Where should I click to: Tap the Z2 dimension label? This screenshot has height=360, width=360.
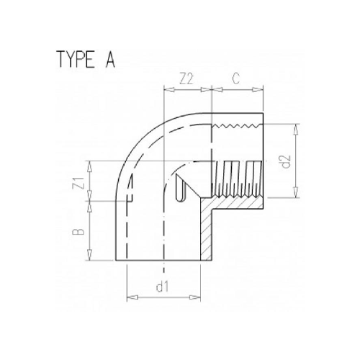point(186,79)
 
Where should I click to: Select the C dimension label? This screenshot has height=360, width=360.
point(237,79)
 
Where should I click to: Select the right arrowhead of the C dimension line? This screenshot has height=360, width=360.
point(264,90)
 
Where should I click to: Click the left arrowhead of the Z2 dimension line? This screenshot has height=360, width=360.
point(167,90)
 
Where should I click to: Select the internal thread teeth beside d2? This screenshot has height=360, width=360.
point(238,180)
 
